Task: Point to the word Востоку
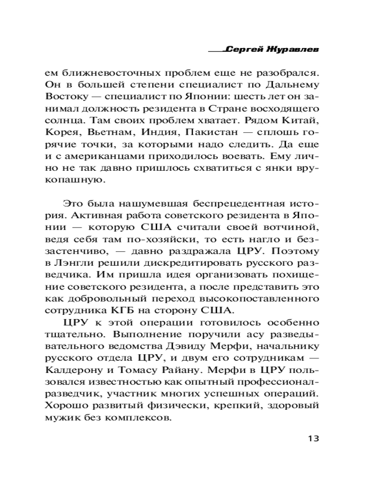(x=63, y=96)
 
